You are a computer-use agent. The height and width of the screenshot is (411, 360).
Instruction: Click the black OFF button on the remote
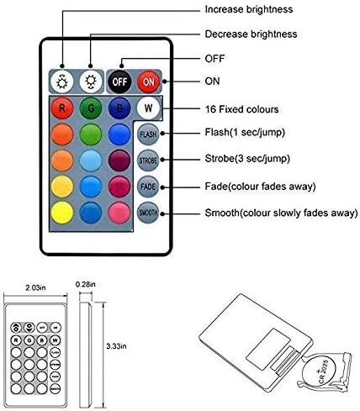120,82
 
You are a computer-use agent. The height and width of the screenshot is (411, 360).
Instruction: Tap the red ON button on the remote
147,82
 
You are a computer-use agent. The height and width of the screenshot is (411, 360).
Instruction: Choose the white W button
148,108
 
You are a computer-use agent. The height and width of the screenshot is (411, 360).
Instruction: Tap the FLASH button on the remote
148,134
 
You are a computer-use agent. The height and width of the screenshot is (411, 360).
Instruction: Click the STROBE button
148,160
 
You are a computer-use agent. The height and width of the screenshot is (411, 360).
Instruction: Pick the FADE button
148,187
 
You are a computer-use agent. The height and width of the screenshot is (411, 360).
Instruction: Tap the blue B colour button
119,109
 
